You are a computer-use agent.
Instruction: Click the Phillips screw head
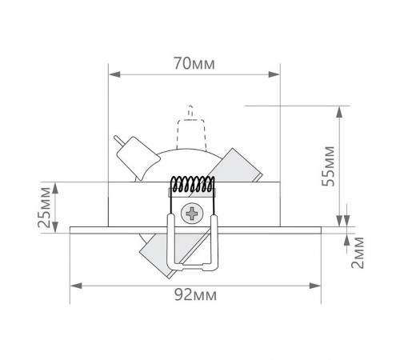point(193,214)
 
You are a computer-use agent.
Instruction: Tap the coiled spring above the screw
point(193,185)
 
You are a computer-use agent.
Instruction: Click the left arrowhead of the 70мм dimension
point(113,75)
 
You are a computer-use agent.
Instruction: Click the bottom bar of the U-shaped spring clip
point(193,265)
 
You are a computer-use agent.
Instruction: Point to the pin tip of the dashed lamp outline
point(190,108)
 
